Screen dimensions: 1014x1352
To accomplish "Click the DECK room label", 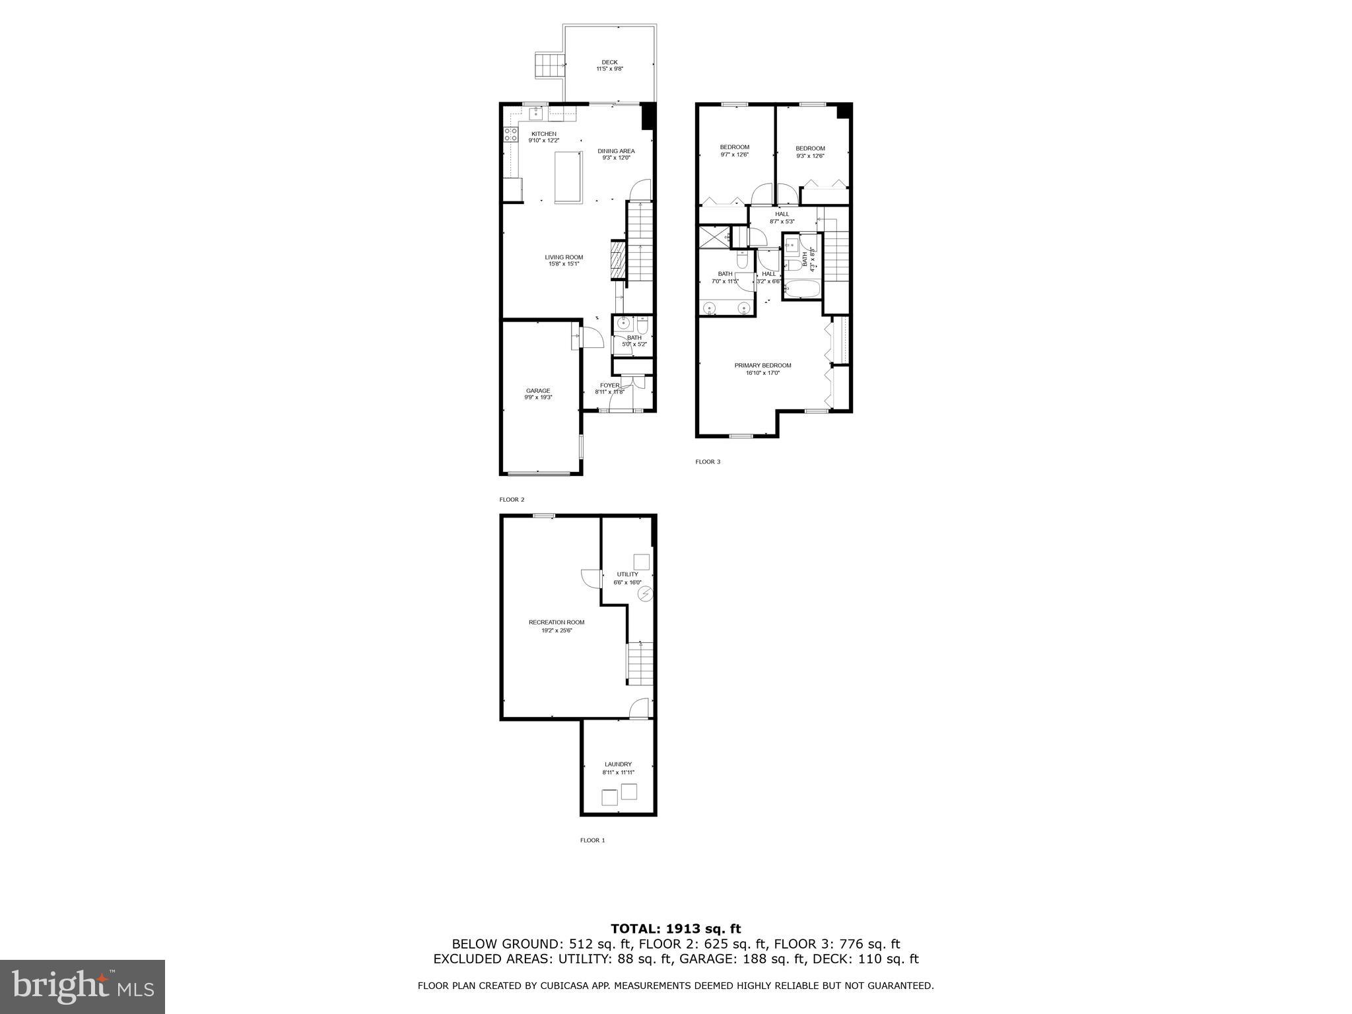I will click(609, 62).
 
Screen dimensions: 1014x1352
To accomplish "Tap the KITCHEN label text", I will click(544, 134).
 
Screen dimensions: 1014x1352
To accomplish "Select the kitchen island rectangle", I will click(568, 178).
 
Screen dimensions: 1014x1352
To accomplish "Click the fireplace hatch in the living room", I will click(617, 261).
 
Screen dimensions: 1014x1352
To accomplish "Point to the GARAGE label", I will click(538, 391).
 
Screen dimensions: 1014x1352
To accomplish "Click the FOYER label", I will click(609, 386).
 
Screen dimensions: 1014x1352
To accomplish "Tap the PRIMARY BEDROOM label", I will click(762, 366).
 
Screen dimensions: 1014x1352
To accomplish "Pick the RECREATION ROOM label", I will click(557, 623).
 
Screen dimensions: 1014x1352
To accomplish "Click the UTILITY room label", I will click(627, 574).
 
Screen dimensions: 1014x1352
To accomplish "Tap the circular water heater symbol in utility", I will click(645, 595).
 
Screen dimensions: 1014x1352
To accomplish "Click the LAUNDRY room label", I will click(618, 764).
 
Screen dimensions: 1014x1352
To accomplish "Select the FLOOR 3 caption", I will click(708, 461).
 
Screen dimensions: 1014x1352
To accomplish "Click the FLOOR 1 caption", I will click(592, 840).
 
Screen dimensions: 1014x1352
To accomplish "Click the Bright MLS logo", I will click(83, 987).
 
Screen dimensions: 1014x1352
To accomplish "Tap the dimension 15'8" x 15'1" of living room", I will click(564, 264).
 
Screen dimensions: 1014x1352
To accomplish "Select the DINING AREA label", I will click(616, 151).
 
